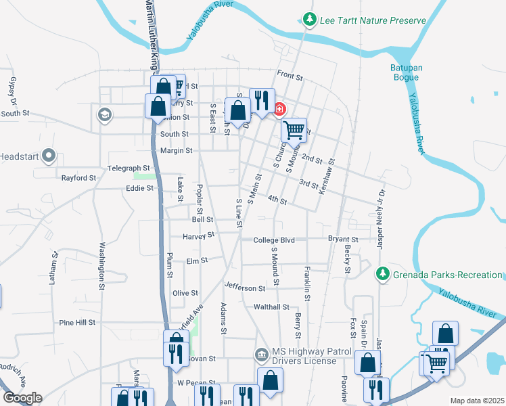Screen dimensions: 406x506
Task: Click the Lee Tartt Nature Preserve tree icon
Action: [x=310, y=20]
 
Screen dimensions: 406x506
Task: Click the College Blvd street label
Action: [x=274, y=240]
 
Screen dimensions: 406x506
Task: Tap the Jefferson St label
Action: [x=245, y=288]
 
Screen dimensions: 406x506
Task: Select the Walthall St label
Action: [x=271, y=307]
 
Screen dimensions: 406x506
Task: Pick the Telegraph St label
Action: [x=128, y=168]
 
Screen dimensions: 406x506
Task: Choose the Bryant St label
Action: [x=343, y=240]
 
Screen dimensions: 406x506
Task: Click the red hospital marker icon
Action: [x=279, y=109]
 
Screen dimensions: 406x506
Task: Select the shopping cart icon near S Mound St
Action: [x=294, y=129]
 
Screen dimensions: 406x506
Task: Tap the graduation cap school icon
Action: [x=104, y=115]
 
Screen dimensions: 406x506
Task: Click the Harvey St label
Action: [x=198, y=235]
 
